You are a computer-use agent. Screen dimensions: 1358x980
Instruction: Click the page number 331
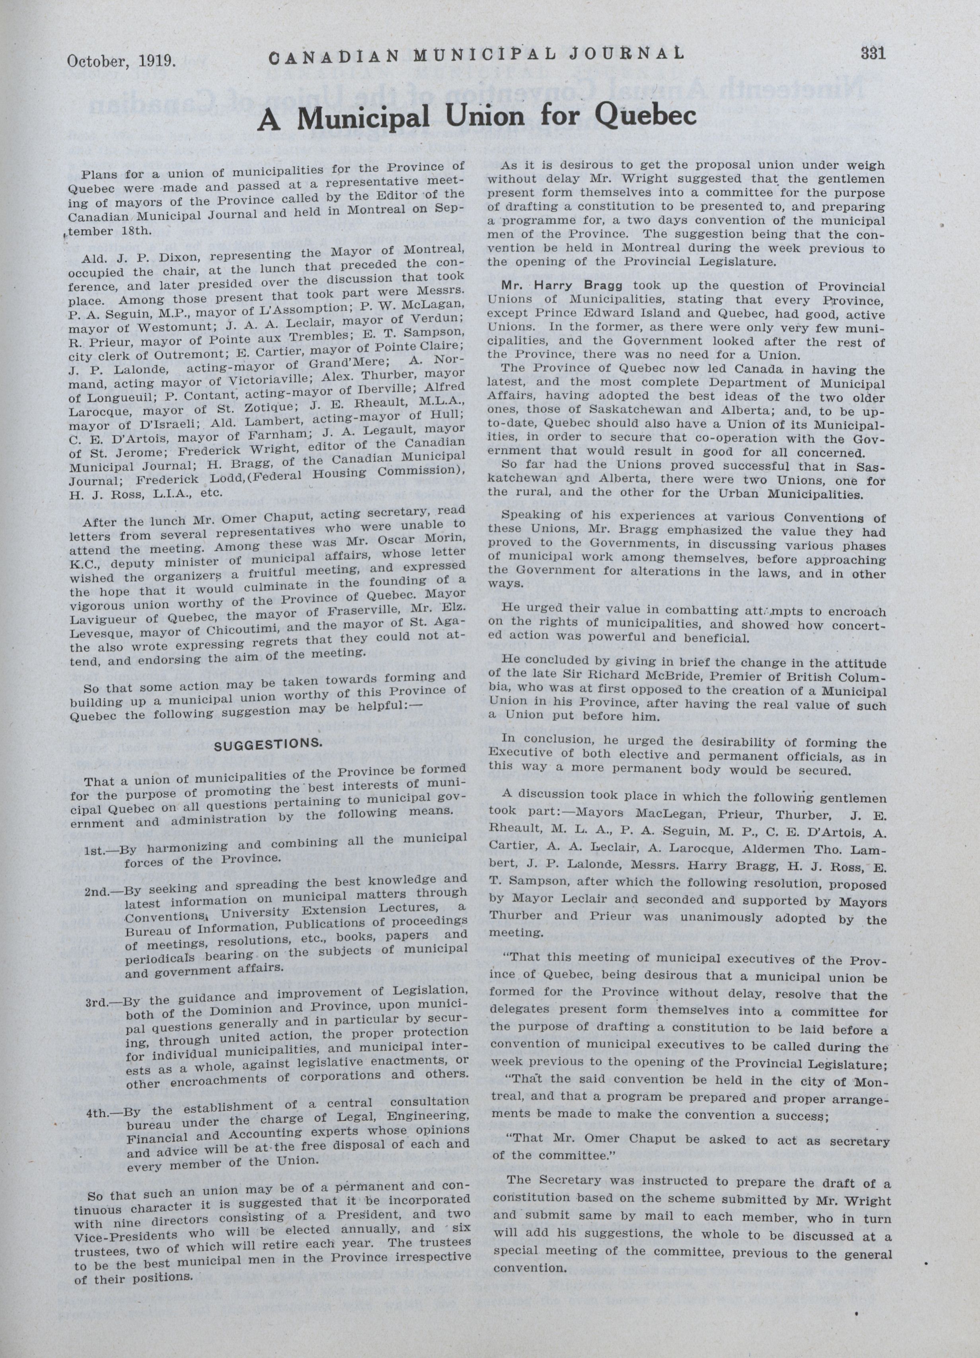[x=873, y=53]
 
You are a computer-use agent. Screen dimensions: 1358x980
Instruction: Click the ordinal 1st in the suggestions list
[x=97, y=849]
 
